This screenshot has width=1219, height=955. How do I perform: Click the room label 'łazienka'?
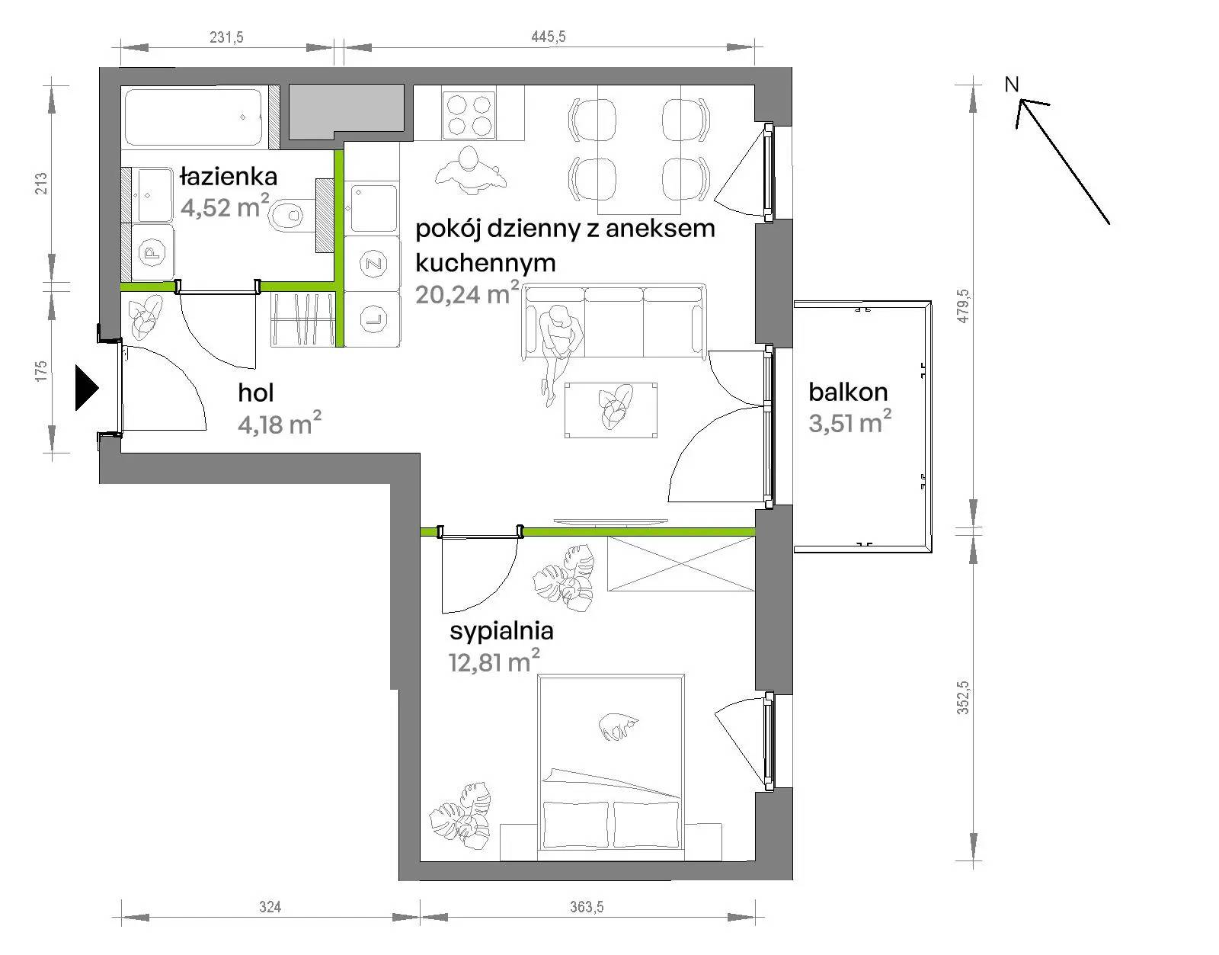point(229,177)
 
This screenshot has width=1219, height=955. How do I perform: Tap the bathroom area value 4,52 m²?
point(225,207)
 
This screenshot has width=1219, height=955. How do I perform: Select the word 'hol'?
point(256,393)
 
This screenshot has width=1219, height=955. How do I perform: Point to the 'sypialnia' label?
point(501,632)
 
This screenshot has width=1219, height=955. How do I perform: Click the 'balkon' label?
point(848,393)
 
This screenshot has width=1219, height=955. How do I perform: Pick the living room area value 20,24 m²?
point(467,293)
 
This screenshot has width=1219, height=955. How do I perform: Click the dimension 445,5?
point(548,37)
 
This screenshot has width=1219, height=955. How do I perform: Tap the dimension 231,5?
point(226,37)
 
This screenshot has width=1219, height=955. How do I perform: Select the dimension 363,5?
point(587,907)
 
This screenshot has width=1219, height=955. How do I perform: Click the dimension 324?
point(270,907)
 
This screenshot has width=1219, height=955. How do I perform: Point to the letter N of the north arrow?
point(1012,85)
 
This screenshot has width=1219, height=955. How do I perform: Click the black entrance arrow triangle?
point(87,388)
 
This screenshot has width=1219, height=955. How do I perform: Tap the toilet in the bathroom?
point(286,213)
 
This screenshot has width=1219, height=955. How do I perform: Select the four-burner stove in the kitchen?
point(469,114)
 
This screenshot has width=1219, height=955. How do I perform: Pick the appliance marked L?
point(373,319)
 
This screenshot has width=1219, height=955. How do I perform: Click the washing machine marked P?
point(152,252)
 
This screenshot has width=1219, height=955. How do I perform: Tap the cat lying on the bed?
point(618,726)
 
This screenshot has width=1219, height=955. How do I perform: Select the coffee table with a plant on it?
point(611,410)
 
